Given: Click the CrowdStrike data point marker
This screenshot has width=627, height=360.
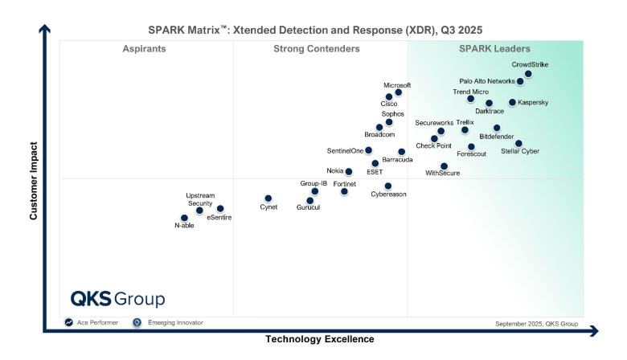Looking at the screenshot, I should click(x=528, y=74).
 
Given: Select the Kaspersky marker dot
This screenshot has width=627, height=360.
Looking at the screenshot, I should click(x=512, y=103).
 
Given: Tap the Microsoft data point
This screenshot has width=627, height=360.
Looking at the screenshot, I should click(x=398, y=92).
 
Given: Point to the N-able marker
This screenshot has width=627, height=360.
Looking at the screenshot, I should click(x=184, y=218).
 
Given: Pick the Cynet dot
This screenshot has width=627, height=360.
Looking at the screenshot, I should click(x=268, y=198).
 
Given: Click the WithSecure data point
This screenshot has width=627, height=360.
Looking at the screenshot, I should click(x=444, y=166).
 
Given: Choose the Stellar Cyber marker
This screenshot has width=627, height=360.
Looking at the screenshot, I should click(x=518, y=144).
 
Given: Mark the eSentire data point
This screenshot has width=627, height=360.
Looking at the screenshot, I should click(x=220, y=209).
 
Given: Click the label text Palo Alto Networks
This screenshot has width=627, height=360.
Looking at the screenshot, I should click(x=487, y=81).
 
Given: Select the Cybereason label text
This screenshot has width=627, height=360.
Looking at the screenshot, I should click(x=388, y=194).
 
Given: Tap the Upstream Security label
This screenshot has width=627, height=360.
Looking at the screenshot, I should click(x=200, y=199).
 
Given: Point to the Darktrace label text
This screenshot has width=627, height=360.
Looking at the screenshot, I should click(x=490, y=112).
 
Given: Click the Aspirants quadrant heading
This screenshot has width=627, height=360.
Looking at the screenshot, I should click(x=144, y=49).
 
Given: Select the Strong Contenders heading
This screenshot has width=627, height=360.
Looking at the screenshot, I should click(x=317, y=49).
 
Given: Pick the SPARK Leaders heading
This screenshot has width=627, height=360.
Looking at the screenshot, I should click(x=494, y=49).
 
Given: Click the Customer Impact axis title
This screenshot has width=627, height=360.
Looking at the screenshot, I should click(x=34, y=181).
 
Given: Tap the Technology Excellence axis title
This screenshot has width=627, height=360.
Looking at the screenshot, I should click(x=320, y=339).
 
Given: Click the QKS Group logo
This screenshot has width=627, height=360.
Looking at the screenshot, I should click(x=117, y=299).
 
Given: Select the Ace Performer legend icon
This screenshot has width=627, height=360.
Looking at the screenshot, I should click(x=69, y=322).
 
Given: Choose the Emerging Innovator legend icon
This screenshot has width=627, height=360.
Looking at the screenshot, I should click(x=137, y=322).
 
